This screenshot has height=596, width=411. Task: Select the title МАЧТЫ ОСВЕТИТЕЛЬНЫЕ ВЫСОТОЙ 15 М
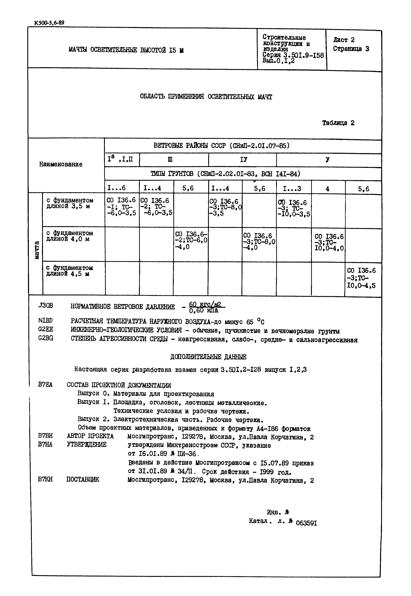(126, 50)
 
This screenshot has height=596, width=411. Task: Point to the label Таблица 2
(338, 123)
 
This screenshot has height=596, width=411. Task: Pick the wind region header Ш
(170, 160)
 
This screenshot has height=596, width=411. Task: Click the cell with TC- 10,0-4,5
(361, 278)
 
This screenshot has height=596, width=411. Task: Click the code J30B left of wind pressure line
(45, 306)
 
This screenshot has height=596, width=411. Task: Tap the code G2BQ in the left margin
(46, 338)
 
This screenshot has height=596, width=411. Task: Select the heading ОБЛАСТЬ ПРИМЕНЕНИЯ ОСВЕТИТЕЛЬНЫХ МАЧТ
(206, 97)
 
